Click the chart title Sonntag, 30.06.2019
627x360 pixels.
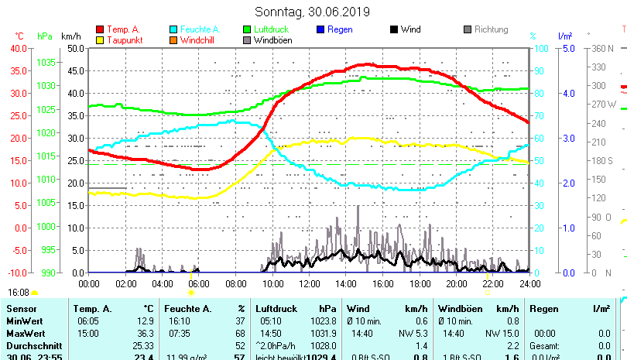click(x=313, y=12)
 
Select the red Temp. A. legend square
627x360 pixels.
click(x=100, y=30)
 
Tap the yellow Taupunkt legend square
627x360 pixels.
click(x=100, y=40)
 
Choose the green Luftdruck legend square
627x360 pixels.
click(x=247, y=30)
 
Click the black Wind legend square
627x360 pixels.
click(x=393, y=30)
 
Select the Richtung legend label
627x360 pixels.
click(x=491, y=29)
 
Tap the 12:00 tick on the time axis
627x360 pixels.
click(x=309, y=283)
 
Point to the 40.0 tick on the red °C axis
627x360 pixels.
click(x=18, y=48)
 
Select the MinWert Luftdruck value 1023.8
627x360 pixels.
click(x=324, y=321)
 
